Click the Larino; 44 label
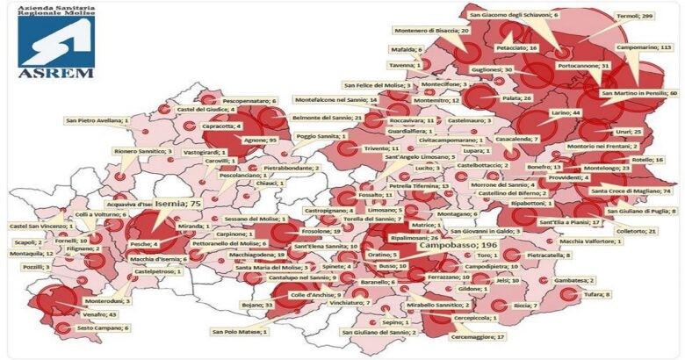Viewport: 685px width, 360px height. pyautogui.click(x=566, y=113)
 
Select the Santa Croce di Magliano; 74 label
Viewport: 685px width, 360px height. pyautogui.click(x=630, y=191)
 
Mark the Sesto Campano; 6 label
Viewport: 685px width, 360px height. pyautogui.click(x=103, y=328)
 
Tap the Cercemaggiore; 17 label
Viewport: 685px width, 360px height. pyautogui.click(x=477, y=336)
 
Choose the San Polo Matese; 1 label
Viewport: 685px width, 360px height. pyautogui.click(x=240, y=332)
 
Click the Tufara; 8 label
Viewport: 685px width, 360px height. pyautogui.click(x=595, y=294)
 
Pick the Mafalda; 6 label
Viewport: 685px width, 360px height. pyautogui.click(x=407, y=50)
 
